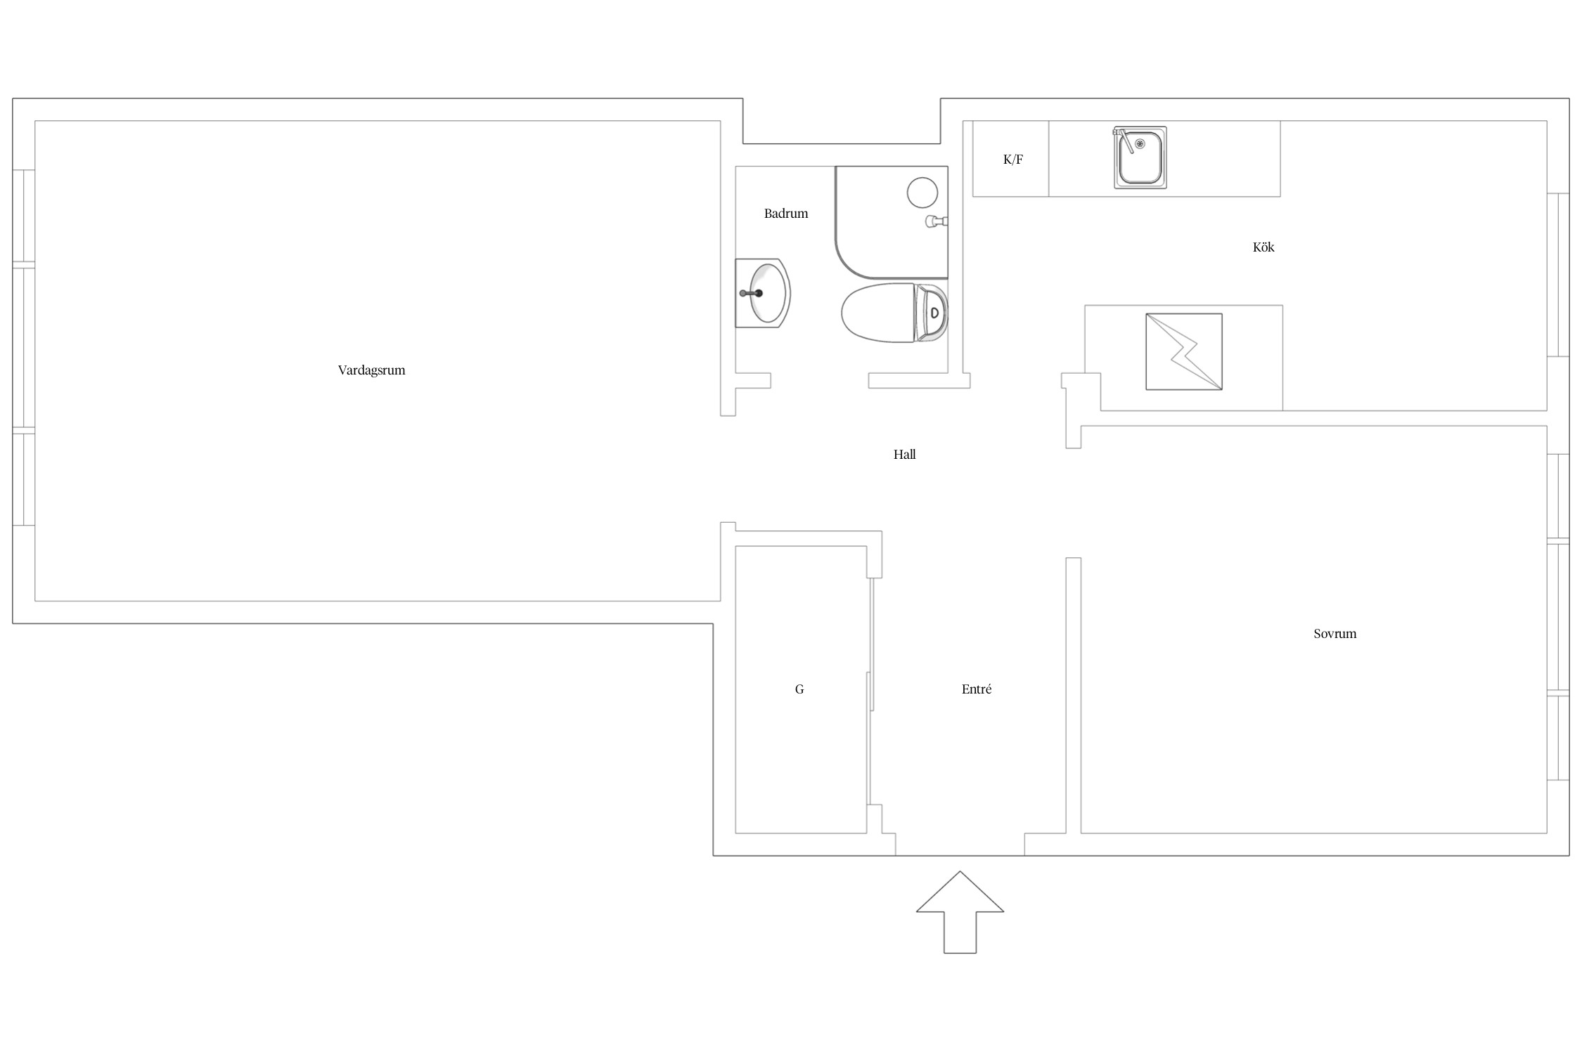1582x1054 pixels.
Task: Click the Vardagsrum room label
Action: (371, 370)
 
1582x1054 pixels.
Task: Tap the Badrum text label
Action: (786, 214)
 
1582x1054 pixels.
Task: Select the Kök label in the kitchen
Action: (1263, 247)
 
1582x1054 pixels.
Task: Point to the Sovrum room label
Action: (1335, 634)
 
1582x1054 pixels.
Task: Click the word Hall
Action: (904, 455)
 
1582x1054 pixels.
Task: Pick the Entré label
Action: (976, 689)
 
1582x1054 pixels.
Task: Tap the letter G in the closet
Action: (799, 689)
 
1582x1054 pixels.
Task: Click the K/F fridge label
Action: (1012, 160)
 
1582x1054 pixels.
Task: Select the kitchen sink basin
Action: (1140, 158)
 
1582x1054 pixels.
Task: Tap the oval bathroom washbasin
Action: (766, 293)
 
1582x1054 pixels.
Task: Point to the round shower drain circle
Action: (922, 193)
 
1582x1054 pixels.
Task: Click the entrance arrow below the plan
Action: (960, 911)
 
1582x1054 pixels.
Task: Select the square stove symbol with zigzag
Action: (1184, 351)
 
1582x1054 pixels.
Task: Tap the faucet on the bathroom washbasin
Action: (751, 293)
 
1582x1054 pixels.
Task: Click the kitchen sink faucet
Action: (1124, 139)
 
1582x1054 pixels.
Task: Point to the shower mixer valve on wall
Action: (937, 221)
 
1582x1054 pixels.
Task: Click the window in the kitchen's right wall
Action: (1558, 275)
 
